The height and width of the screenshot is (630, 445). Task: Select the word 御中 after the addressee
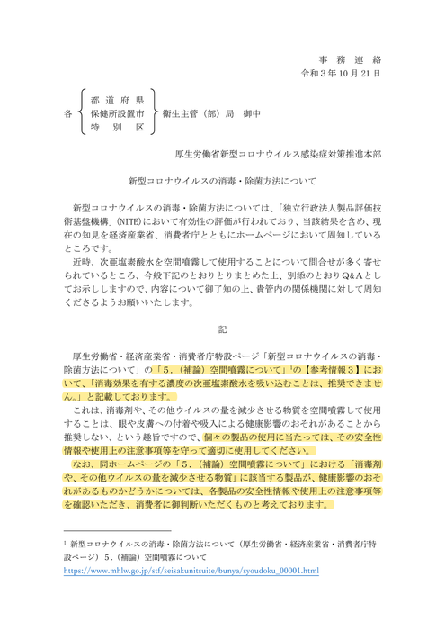pyautogui.click(x=248, y=114)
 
